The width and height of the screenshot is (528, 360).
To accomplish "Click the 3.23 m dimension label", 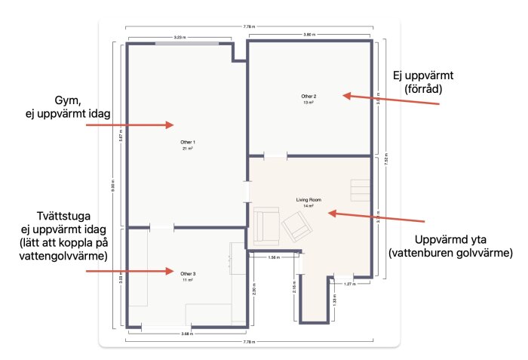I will pyautogui.click(x=180, y=36).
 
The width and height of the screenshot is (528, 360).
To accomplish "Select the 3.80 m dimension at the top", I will pyautogui.click(x=309, y=35).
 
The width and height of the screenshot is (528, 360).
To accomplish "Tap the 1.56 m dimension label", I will pyautogui.click(x=275, y=257).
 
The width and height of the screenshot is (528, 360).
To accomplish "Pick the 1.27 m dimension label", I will pyautogui.click(x=348, y=284).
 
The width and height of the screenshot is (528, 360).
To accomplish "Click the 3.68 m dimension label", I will pyautogui.click(x=186, y=333).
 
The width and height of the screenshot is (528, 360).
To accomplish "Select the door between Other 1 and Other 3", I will pyautogui.click(x=161, y=226).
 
